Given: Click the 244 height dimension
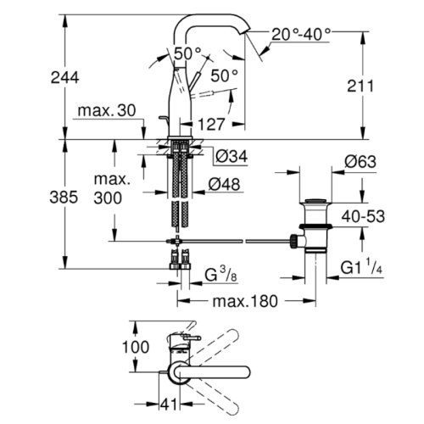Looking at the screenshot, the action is coord(64,77).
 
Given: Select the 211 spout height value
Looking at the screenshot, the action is coord(360,86).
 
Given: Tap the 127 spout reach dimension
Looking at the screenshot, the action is coord(211,124).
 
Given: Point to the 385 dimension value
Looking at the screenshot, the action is coord(64,197).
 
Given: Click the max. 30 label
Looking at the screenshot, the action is coord(107,110).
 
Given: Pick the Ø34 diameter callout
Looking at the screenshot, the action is coord(232,156).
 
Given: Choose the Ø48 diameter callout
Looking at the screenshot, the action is coord(224,184).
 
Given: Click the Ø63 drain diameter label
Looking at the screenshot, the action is coord(360,162).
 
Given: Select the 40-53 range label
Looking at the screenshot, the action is coord(363,217).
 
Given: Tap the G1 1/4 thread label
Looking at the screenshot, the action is coord(361,267).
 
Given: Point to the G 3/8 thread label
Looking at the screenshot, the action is coord(220,275).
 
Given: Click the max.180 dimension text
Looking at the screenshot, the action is coord(245,301).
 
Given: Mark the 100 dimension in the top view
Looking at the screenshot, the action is coord(136,347).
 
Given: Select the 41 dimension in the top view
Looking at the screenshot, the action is coord(169,404).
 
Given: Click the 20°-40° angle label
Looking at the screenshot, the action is coord(301,35).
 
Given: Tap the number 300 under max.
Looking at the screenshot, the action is coord(108,198).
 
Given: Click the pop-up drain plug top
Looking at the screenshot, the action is coord(315,201).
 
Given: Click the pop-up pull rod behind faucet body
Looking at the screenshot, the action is coord(164,120).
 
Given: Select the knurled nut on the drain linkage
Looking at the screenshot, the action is coord(294,241).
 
